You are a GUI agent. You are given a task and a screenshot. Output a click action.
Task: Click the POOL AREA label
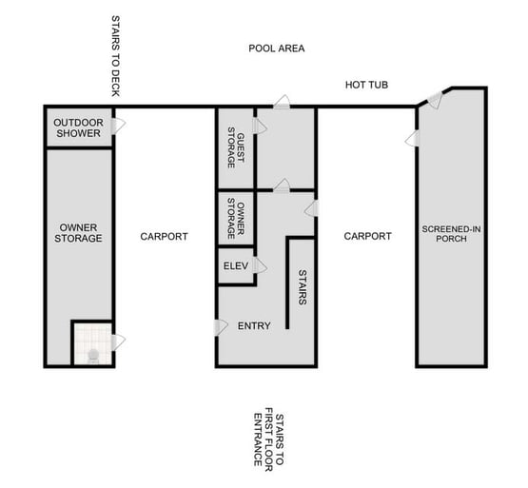[x=276, y=48]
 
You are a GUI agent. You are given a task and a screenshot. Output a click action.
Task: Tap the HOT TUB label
[x=366, y=87]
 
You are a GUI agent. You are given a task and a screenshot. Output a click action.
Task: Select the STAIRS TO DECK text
[x=115, y=56]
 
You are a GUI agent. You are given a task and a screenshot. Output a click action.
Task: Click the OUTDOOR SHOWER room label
[x=77, y=128]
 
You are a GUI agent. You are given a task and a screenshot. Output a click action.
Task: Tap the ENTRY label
[x=254, y=326]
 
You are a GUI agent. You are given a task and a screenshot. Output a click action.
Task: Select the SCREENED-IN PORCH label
[x=452, y=235]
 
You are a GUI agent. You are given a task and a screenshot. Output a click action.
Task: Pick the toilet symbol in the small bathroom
[x=92, y=356]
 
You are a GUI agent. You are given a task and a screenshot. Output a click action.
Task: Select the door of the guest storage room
[x=259, y=126]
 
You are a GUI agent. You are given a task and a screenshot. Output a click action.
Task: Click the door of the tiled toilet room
[x=119, y=341]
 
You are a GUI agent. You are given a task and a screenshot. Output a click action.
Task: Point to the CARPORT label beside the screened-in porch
[x=367, y=237]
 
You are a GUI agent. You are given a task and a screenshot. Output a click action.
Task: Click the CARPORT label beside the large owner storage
[x=164, y=237]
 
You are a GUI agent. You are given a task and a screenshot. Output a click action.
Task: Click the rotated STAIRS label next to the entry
[x=302, y=286]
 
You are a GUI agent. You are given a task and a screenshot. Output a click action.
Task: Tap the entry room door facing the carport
[x=221, y=326]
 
